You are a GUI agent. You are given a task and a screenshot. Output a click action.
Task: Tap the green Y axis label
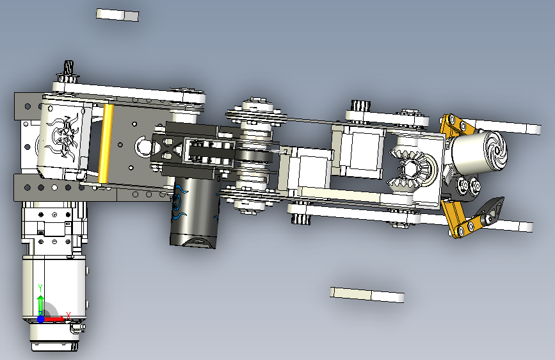click(x=40, y=288)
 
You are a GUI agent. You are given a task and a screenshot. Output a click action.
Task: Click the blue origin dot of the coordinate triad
click(x=41, y=319)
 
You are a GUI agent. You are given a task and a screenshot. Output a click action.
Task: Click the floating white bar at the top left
click(x=118, y=15)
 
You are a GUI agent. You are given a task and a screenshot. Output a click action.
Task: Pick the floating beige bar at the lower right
click(x=367, y=295)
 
